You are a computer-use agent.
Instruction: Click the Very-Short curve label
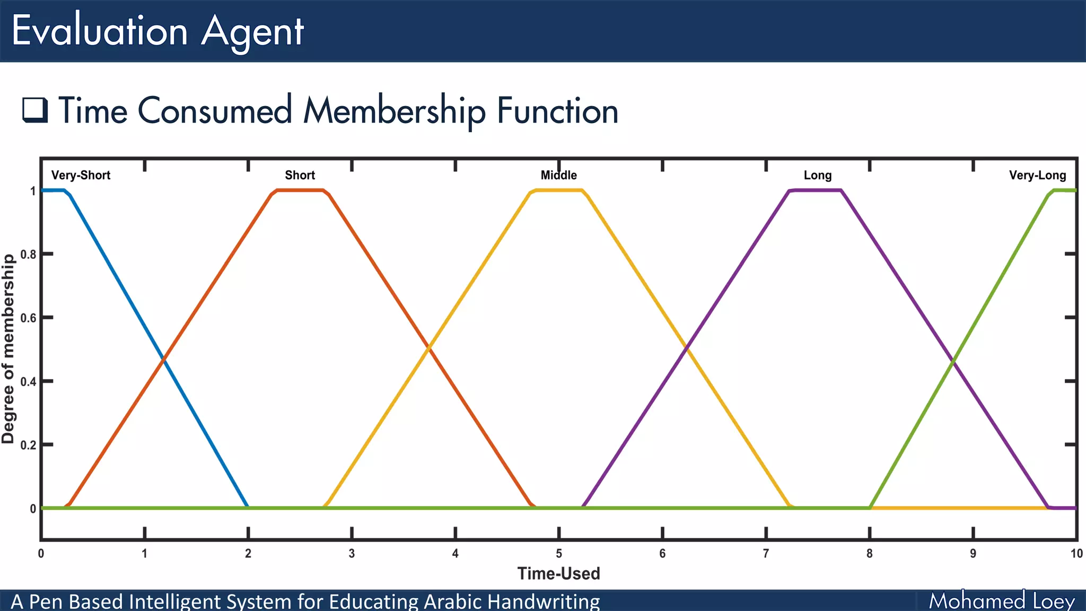pos(81,176)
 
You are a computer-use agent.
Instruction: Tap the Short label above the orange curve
pos(300,176)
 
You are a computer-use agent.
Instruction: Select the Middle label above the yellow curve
pos(558,176)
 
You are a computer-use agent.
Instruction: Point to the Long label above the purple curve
pos(817,176)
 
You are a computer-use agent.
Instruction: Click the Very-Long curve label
pos(1037,176)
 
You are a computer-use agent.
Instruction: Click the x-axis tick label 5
pos(559,554)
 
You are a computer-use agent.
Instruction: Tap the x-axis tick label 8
pos(870,554)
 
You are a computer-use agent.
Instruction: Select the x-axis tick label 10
pos(1076,554)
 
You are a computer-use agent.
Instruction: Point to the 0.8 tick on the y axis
pos(29,255)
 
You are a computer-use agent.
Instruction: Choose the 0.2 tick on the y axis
pos(29,445)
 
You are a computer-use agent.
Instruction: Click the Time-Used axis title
pos(558,574)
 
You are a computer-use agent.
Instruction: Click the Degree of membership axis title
pos(8,348)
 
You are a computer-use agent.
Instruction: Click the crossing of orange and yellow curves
pos(429,347)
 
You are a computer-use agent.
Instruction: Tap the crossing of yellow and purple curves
pos(687,347)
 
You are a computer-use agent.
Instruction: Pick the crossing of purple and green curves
pos(954,360)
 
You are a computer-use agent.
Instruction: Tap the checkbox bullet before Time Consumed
pos(35,110)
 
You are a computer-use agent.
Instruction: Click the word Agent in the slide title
pos(252,31)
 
